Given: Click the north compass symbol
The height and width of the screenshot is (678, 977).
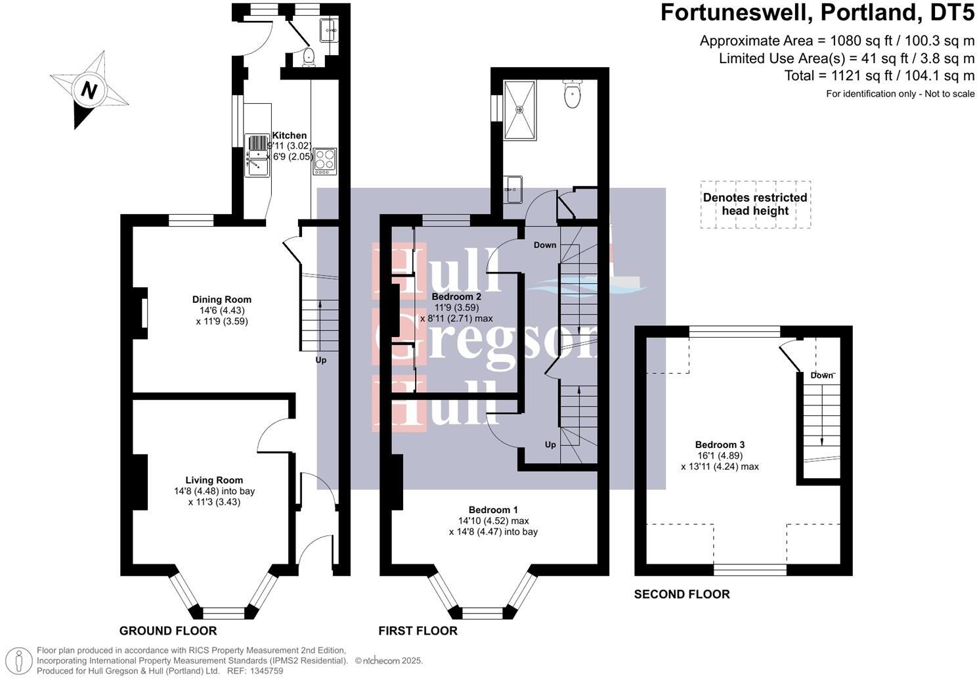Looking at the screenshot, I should coord(88,90).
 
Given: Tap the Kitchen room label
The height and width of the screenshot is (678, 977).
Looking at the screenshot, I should coord(289,135).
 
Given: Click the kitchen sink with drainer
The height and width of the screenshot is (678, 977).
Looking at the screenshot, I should coord(257,155).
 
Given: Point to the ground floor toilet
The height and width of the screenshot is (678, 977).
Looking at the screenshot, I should coord(309,58).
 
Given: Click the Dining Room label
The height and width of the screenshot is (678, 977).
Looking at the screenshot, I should coord(221,300).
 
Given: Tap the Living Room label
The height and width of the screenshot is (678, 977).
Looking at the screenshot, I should coord(214,480).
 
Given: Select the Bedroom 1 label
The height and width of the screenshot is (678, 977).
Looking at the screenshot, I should coord(493,510).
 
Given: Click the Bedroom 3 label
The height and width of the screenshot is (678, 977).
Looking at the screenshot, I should coord(720,445).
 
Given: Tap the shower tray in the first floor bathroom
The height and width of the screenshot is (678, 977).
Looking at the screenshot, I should coord(520,110).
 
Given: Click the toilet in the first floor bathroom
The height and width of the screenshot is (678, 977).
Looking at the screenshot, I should coord(573,95).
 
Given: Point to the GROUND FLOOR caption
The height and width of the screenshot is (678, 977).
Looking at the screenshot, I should coord(167,631).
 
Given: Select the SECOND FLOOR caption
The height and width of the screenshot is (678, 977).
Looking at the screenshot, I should coord(682,594).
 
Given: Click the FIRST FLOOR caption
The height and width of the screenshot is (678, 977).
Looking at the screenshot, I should coord(418,631).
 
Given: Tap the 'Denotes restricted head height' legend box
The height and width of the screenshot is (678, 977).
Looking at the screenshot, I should coord(755,204).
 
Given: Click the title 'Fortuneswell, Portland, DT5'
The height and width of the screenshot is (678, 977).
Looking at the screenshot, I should coord(817,12).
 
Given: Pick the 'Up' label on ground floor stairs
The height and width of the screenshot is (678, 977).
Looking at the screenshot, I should coord(320,360).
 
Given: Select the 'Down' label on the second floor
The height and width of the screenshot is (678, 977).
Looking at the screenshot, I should coord(821,375).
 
